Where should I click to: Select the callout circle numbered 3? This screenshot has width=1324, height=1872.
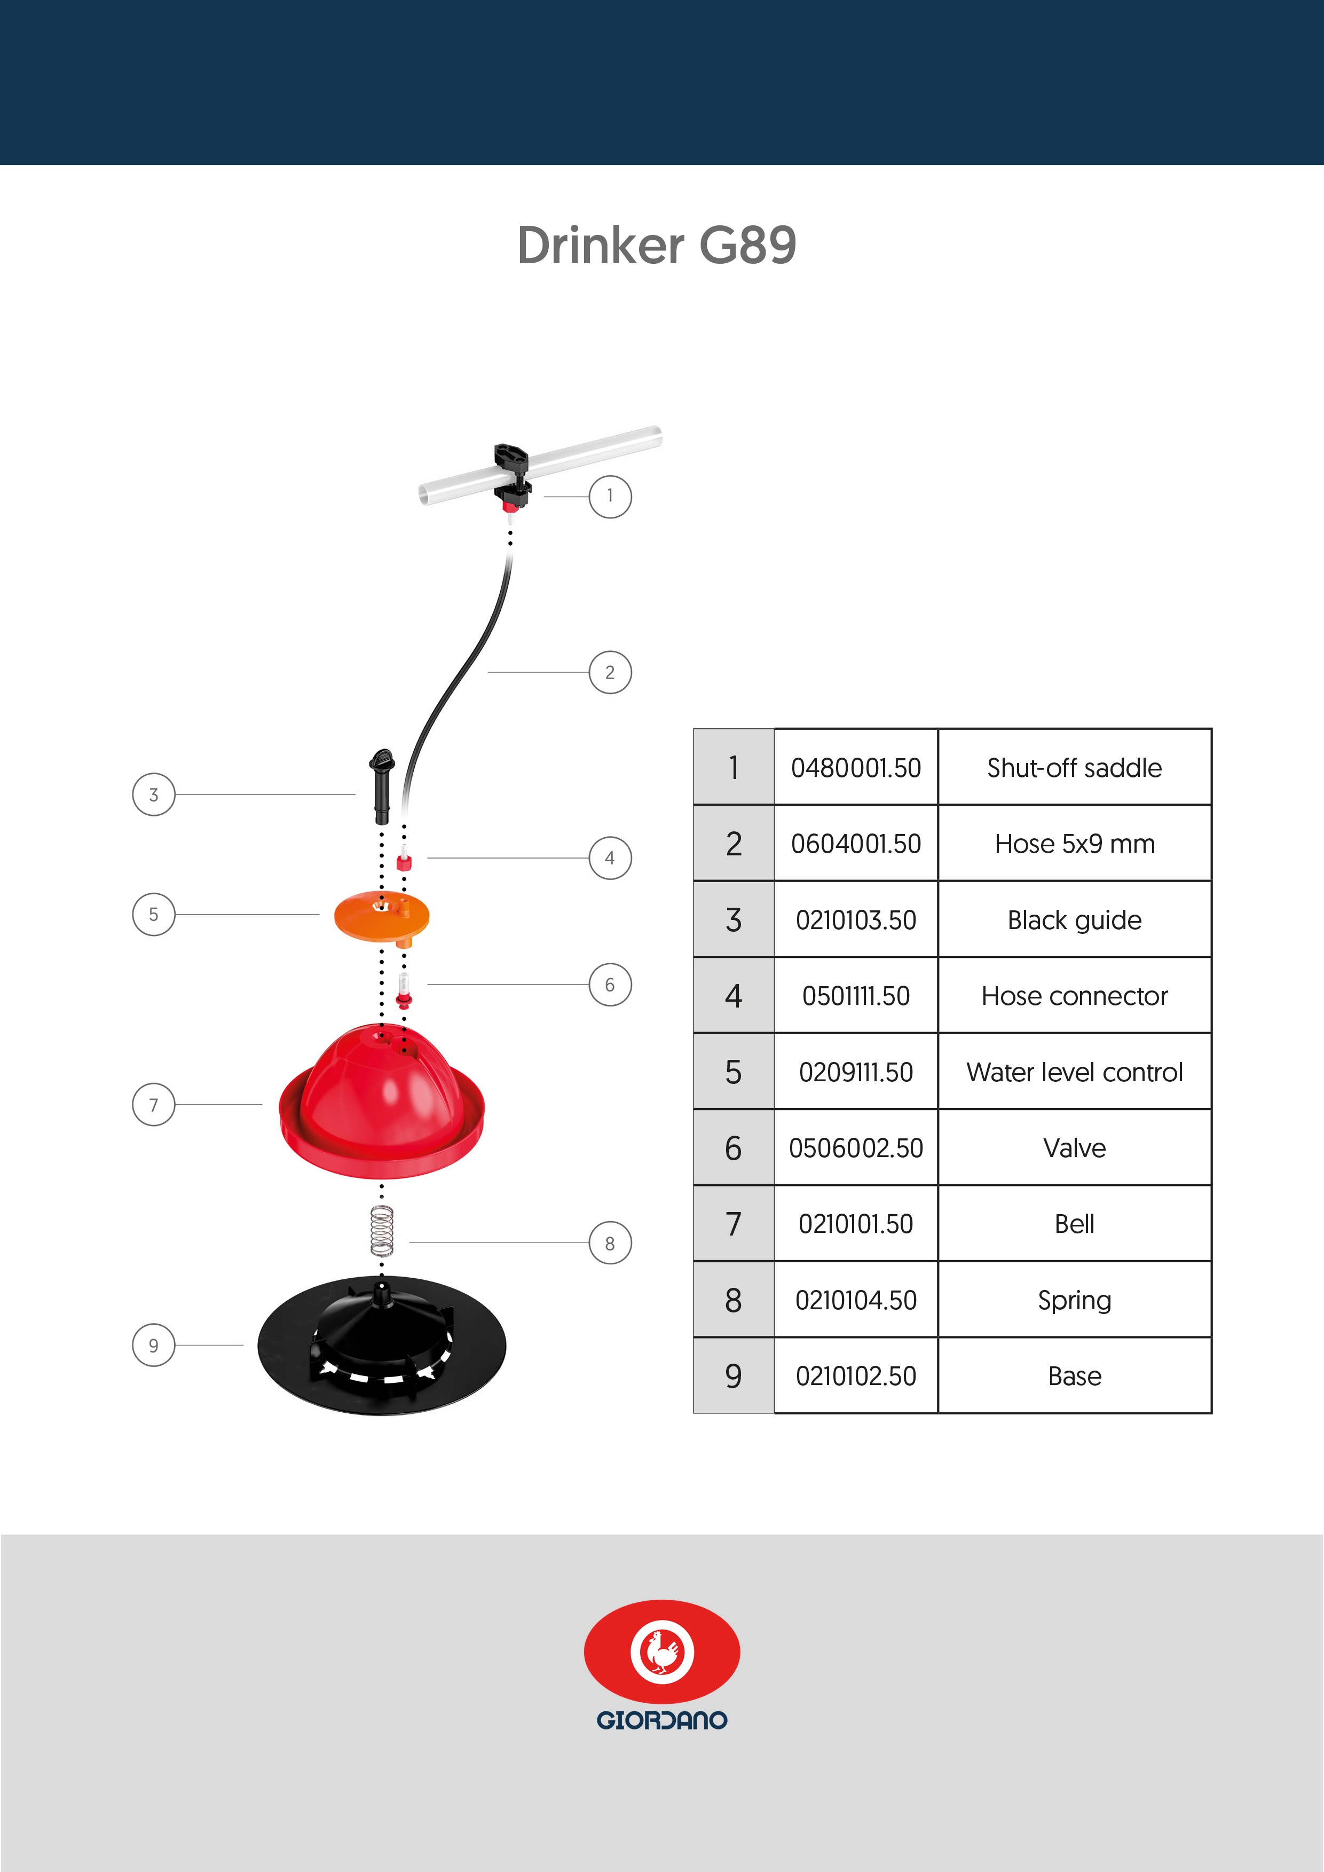[x=153, y=794]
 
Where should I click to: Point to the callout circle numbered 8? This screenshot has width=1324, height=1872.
[x=610, y=1242]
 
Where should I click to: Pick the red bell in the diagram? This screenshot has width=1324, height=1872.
[x=382, y=1100]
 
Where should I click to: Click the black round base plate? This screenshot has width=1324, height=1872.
[x=382, y=1346]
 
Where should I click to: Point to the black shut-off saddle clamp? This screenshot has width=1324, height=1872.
[x=512, y=475]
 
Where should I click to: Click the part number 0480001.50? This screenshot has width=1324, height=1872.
[x=856, y=768]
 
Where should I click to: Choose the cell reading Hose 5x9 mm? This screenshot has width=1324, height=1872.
[x=1075, y=843]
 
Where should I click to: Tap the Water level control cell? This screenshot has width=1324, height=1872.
[x=1075, y=1071]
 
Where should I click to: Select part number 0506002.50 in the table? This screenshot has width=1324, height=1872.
[x=856, y=1148]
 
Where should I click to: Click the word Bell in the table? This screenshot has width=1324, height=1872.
[x=1075, y=1224]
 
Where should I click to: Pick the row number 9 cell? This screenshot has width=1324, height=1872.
[x=734, y=1375]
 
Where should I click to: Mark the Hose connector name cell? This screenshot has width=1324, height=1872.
[x=1075, y=995]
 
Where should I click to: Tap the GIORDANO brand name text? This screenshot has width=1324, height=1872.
[x=662, y=1720]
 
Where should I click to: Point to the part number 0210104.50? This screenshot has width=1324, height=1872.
[x=856, y=1300]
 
